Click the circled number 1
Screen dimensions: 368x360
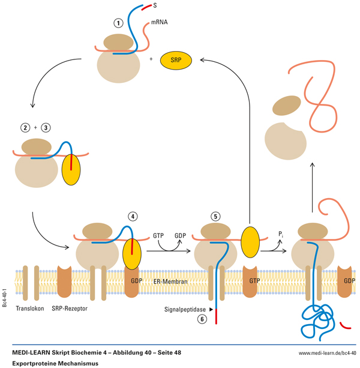pos(119,23)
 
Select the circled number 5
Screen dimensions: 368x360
pos(217,216)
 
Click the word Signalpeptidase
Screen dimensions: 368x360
pos(184,310)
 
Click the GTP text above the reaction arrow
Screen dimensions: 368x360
pos(158,236)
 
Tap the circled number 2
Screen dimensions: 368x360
pos(24,128)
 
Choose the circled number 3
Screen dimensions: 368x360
pos(45,128)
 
